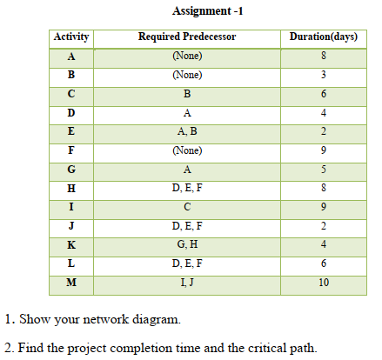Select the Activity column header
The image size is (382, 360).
71,38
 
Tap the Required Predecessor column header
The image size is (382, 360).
187,38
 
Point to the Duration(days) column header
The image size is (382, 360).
323,38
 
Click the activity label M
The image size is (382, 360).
71,282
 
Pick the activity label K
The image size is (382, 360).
71,244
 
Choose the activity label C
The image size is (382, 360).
71,94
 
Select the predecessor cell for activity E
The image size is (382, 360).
187,132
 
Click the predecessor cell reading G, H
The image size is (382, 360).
187,244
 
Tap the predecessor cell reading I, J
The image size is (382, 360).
187,282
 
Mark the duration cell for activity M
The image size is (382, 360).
323,282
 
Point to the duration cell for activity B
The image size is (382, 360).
323,76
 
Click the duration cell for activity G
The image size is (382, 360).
323,170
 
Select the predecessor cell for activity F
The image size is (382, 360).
187,150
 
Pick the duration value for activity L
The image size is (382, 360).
323,263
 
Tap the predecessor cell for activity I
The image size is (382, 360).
187,207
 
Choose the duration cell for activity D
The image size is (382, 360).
323,113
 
